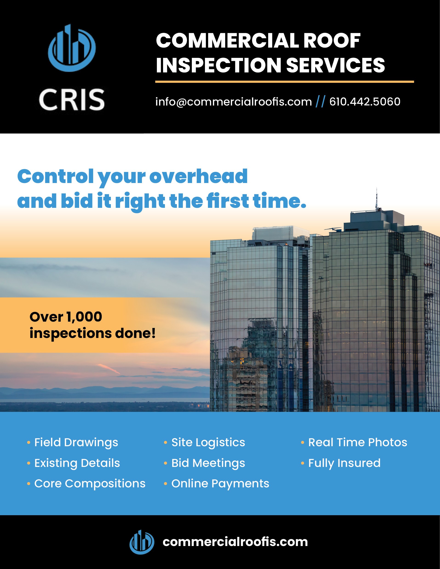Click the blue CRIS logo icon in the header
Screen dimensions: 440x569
[72, 48]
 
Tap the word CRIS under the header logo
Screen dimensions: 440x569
[72, 99]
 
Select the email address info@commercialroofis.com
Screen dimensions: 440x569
[233, 102]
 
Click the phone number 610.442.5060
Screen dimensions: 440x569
[365, 102]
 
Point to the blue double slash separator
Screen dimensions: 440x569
[320, 102]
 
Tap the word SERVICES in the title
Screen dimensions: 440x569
[336, 65]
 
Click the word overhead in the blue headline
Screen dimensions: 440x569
[198, 176]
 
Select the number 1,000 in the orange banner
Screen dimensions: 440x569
[84, 317]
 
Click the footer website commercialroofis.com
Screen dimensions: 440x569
[235, 542]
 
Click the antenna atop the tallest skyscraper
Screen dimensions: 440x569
[376, 199]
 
